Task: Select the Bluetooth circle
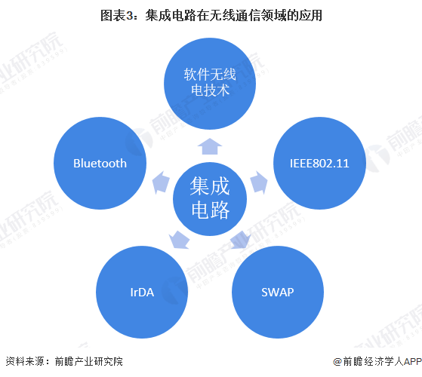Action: [x=100, y=163]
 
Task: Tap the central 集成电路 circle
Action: [x=211, y=198]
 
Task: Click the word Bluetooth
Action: [x=100, y=163]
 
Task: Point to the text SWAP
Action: [x=278, y=291]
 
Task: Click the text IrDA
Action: [x=141, y=291]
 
